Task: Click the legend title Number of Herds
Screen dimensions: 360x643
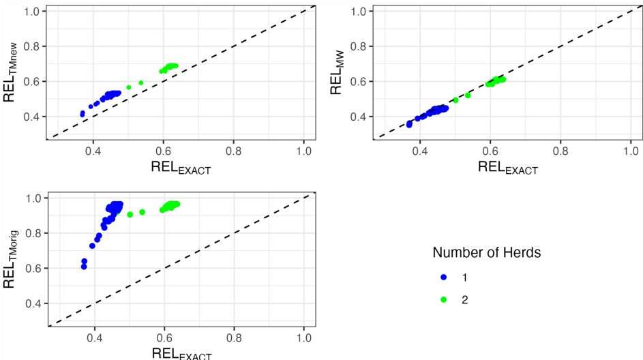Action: pyautogui.click(x=487, y=253)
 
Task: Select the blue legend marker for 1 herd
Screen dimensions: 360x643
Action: pyautogui.click(x=444, y=277)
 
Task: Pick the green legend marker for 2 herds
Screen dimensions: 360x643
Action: pyautogui.click(x=444, y=299)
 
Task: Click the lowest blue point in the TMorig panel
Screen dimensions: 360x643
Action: pyautogui.click(x=84, y=267)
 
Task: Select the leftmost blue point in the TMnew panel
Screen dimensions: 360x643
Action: pyautogui.click(x=83, y=115)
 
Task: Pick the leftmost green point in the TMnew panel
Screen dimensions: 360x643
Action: pyautogui.click(x=129, y=87)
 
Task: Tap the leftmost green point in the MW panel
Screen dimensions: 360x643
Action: pyautogui.click(x=455, y=100)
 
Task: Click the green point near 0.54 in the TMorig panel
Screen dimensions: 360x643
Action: pyautogui.click(x=143, y=212)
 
